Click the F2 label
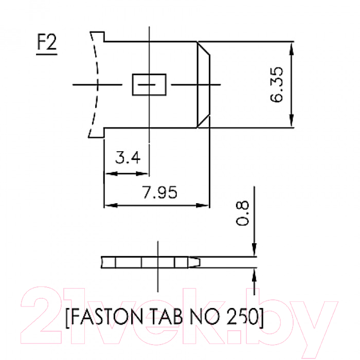[x=47, y=42]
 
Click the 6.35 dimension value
[x=277, y=84]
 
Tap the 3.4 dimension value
[x=128, y=157]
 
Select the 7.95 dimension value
[x=160, y=192]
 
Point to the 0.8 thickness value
[x=242, y=213]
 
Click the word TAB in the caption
[x=167, y=317]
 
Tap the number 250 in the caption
[x=242, y=317]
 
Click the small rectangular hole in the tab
[x=149, y=84]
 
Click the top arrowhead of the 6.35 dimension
[x=292, y=49]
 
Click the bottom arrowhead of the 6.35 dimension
[x=292, y=120]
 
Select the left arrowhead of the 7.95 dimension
[x=111, y=205]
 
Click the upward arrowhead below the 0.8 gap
[x=254, y=275]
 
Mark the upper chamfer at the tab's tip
[x=204, y=48]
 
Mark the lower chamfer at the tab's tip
[x=204, y=121]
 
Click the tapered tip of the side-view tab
[x=194, y=262]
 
